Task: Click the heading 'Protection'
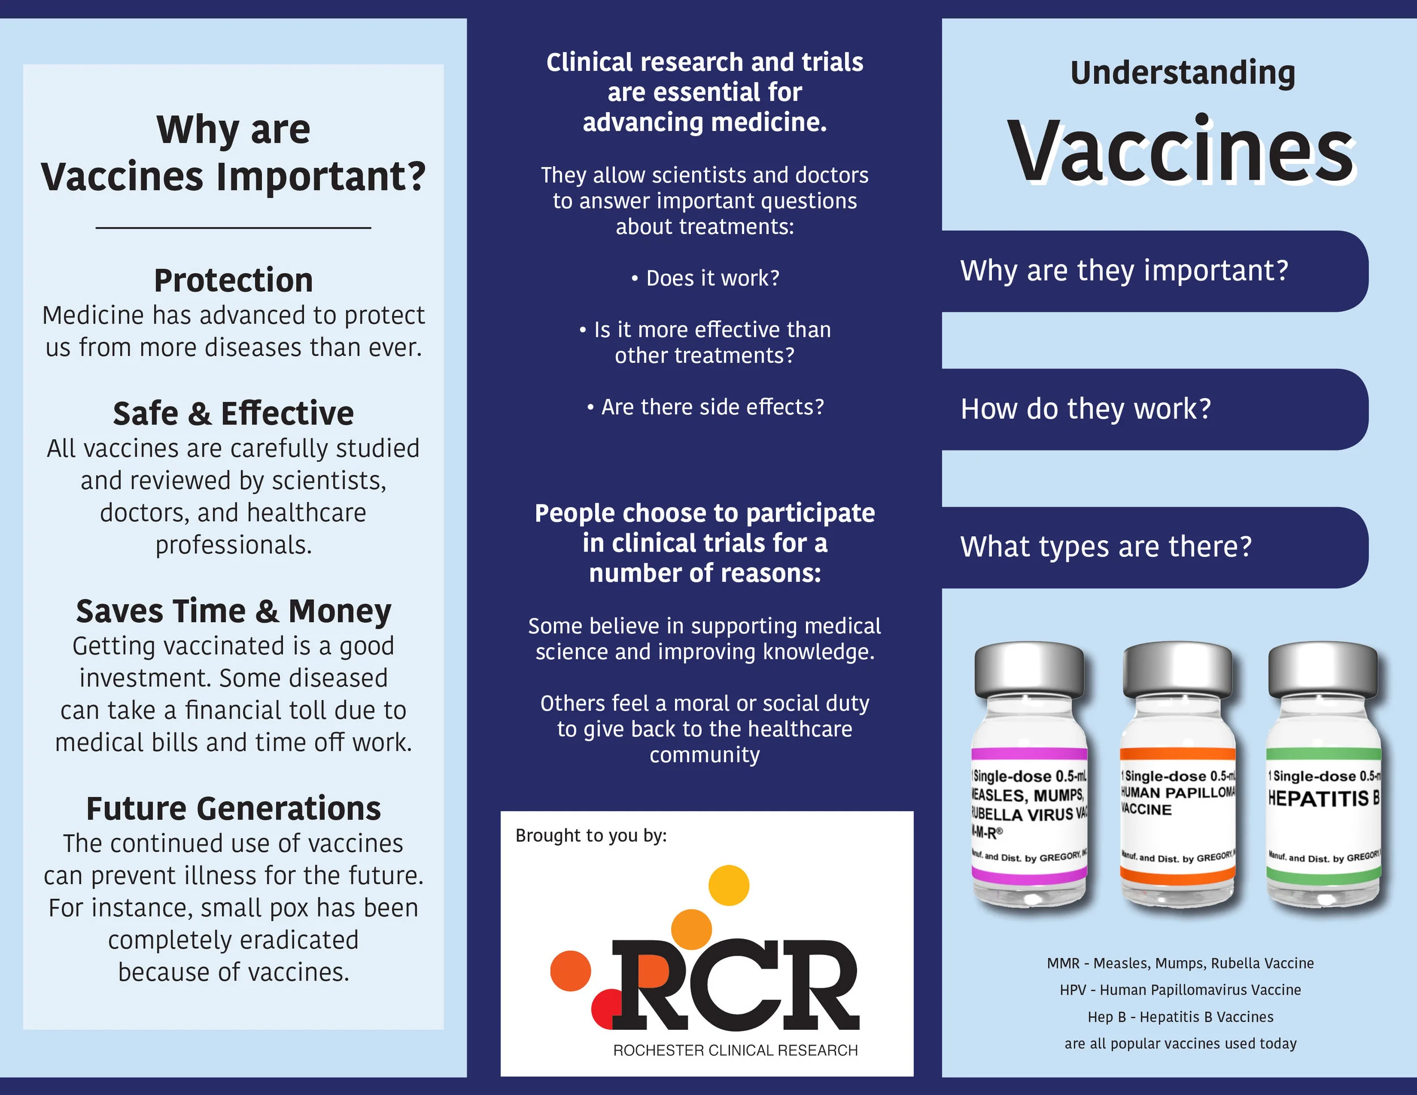pos(234,280)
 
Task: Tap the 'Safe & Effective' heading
pos(234,413)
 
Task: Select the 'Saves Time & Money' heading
pos(234,611)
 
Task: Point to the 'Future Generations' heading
pos(234,809)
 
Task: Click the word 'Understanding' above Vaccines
pos(1182,73)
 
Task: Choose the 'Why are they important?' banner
pos(1125,270)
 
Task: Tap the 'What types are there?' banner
pos(1106,547)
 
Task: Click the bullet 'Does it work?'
pos(706,278)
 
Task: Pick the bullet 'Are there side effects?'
pos(706,408)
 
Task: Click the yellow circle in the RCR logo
pos(728,885)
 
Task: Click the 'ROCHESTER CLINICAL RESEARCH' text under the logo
pos(735,1050)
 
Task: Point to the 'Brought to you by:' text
pos(591,835)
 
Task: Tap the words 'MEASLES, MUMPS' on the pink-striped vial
pos(1028,795)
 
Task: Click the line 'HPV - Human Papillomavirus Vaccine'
pos(1180,990)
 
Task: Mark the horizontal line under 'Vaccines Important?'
pos(234,228)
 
